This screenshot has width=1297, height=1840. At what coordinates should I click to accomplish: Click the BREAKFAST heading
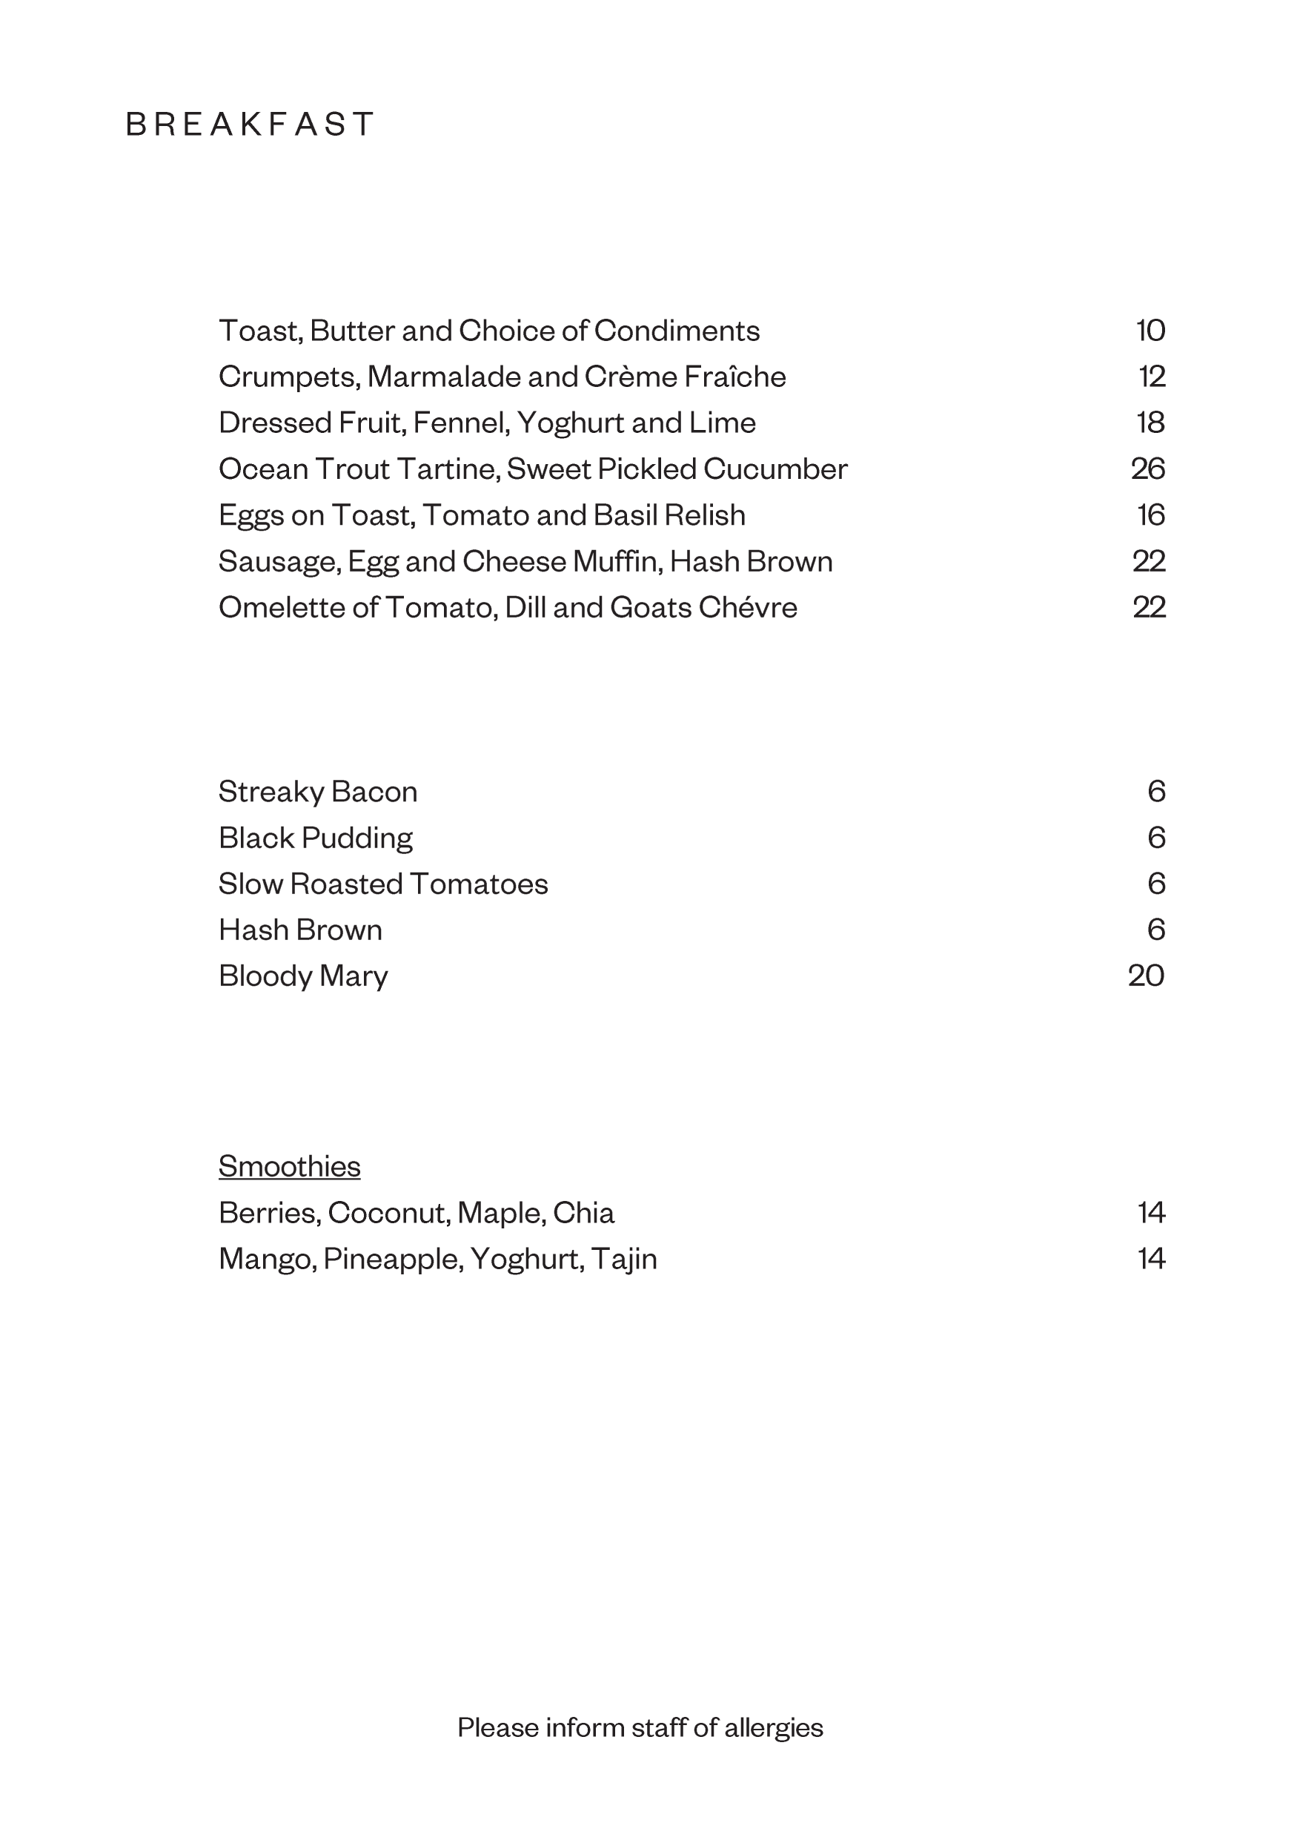(249, 125)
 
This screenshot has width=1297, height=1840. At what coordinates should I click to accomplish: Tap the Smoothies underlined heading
(289, 1166)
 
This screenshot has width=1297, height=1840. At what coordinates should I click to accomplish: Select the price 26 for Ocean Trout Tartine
(1147, 469)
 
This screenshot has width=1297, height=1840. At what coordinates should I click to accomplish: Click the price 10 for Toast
(1150, 330)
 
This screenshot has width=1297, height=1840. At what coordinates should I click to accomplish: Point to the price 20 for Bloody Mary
(1146, 976)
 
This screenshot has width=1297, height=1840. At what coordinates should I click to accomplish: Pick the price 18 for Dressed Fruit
(1150, 423)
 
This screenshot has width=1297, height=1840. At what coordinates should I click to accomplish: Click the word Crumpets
(288, 377)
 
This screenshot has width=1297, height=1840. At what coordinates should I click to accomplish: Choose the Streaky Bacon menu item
(318, 792)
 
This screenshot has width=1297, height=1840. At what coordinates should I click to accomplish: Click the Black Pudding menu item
(316, 838)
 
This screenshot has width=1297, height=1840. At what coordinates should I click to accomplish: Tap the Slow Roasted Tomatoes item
(383, 884)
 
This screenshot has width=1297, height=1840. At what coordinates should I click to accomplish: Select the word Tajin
(624, 1259)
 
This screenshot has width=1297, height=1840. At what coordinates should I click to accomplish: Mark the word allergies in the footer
(773, 1727)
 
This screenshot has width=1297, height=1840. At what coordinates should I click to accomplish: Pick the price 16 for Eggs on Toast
(1150, 515)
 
